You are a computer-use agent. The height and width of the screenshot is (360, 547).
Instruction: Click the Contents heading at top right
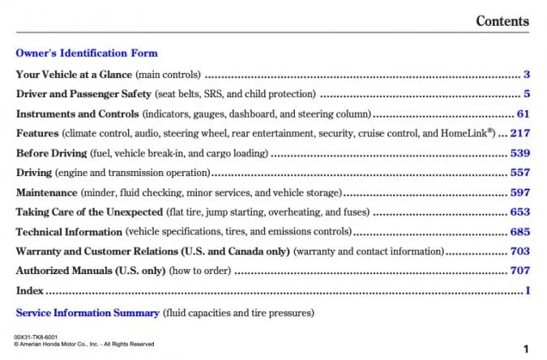tap(502, 21)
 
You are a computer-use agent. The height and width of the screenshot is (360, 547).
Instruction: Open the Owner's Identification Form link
tap(87, 54)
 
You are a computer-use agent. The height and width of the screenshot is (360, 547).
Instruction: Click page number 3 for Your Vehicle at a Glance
tap(526, 74)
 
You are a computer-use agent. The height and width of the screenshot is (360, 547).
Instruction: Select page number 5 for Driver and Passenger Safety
tap(526, 93)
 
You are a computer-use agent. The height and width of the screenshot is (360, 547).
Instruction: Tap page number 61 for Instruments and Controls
tap(523, 114)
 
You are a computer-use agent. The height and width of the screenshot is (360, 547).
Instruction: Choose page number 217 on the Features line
tap(519, 133)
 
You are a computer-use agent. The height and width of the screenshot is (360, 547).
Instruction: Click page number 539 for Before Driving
tap(519, 152)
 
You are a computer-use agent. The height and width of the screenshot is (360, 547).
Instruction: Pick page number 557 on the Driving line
tap(519, 173)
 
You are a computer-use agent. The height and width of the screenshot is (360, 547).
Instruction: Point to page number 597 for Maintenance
tap(519, 192)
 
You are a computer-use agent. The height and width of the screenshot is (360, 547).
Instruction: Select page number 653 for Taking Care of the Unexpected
tap(519, 212)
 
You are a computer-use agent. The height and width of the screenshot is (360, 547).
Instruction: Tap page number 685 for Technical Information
tap(519, 232)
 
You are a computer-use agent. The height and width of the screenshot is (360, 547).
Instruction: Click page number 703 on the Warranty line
tap(519, 251)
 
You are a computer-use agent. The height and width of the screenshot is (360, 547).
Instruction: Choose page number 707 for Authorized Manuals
tap(519, 271)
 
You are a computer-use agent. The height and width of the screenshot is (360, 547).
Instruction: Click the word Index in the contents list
tap(30, 291)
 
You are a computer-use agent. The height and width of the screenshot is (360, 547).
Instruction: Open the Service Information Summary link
tap(88, 312)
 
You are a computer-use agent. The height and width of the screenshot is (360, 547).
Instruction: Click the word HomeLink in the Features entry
tap(467, 133)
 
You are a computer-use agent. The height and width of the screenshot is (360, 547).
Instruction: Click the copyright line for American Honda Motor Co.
tap(84, 344)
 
